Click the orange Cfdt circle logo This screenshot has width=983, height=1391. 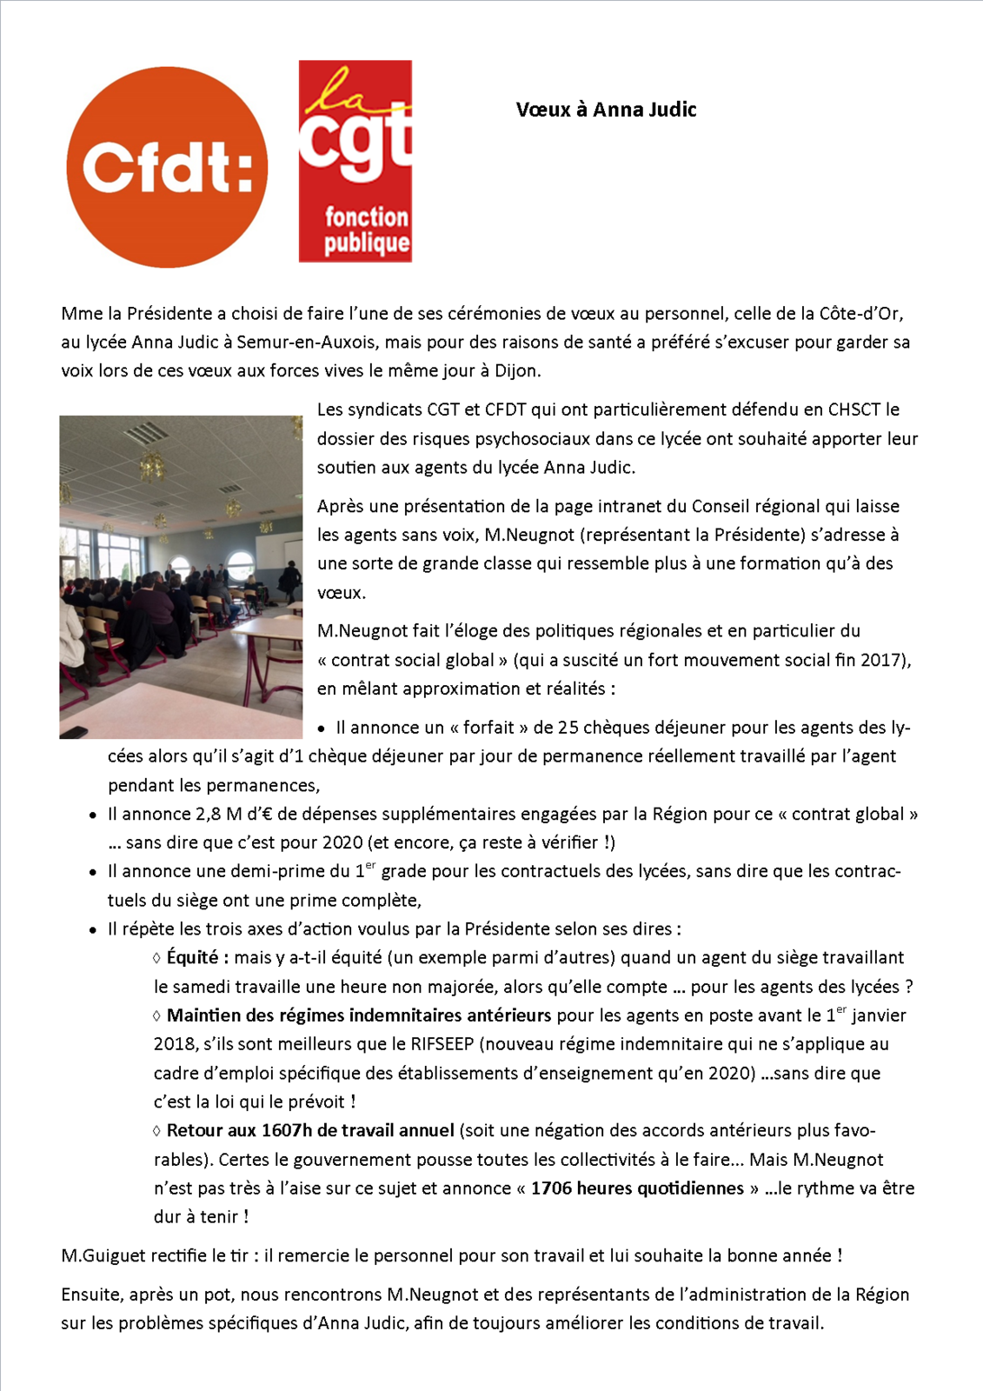[x=167, y=167]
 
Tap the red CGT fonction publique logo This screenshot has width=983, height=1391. [x=355, y=161]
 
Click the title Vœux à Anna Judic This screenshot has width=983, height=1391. [x=606, y=110]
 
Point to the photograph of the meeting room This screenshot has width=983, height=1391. [x=181, y=576]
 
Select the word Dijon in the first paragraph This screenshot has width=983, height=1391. [x=516, y=371]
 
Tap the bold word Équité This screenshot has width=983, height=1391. [x=196, y=958]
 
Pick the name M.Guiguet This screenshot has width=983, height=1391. [x=103, y=1256]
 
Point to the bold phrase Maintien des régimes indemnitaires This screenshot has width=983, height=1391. [x=358, y=1015]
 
